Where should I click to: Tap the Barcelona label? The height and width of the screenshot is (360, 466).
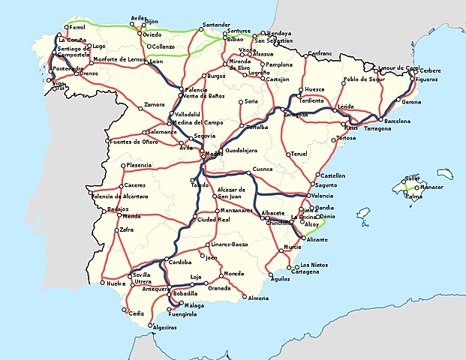(397, 121)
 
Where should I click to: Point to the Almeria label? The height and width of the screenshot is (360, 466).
(258, 298)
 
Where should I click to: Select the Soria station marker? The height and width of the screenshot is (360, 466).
(240, 101)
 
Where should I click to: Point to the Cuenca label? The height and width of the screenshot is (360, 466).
(263, 169)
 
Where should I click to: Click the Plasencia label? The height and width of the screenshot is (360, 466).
(140, 165)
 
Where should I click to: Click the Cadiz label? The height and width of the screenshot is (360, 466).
(135, 313)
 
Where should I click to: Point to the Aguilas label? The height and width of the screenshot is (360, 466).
(279, 279)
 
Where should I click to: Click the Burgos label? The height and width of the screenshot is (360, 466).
(216, 76)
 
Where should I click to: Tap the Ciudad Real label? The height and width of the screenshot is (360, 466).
(213, 220)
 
